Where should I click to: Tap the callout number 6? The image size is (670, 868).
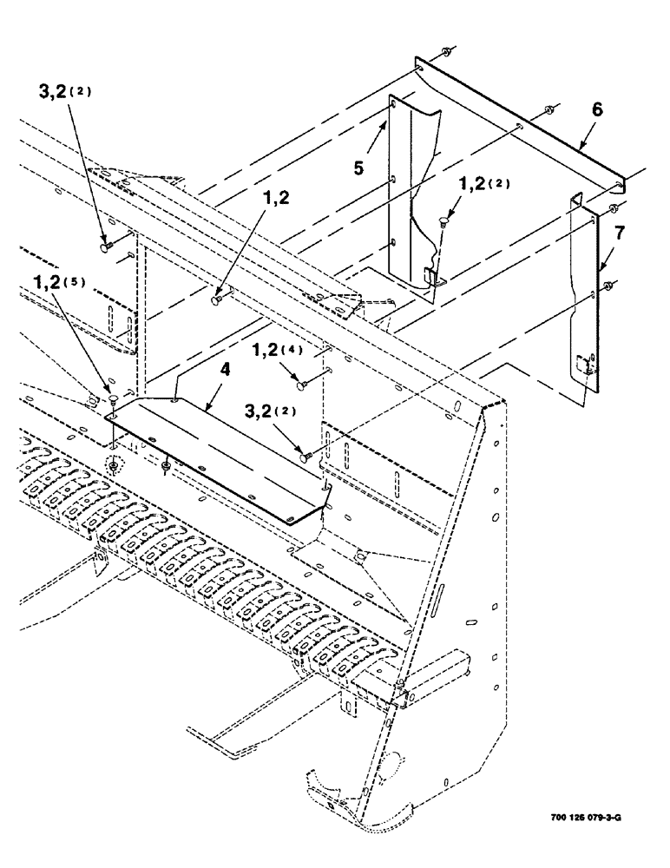click(x=597, y=110)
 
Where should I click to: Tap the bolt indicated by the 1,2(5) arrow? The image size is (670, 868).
click(x=114, y=399)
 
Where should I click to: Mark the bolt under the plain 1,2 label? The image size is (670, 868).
click(x=216, y=301)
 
